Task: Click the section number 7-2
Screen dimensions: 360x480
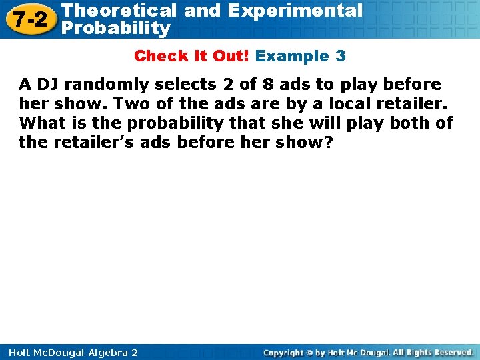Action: click(x=28, y=19)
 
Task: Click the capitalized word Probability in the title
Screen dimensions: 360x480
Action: click(x=115, y=29)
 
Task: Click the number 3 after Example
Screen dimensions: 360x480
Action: click(x=341, y=56)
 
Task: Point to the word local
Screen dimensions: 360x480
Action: click(x=351, y=104)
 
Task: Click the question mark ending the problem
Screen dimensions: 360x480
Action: click(x=327, y=143)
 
